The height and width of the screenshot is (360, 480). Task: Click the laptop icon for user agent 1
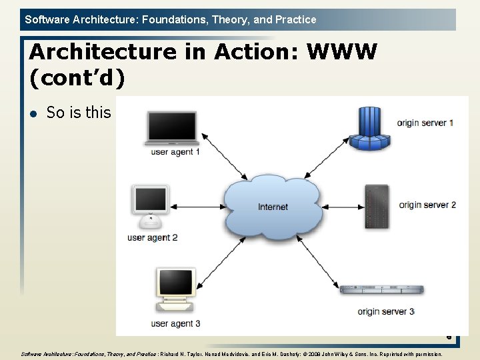pyautogui.click(x=172, y=128)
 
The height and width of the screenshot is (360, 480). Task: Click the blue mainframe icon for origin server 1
pyautogui.click(x=369, y=129)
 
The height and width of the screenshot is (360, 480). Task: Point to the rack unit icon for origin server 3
pyautogui.click(x=382, y=289)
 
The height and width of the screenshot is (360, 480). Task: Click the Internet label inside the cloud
pyautogui.click(x=273, y=207)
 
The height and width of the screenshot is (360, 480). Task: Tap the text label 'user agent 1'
pyautogui.click(x=175, y=152)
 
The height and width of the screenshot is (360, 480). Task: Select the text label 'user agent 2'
pyautogui.click(x=152, y=237)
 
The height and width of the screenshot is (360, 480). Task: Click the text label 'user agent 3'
pyautogui.click(x=175, y=323)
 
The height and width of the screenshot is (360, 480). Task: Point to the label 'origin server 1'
pyautogui.click(x=425, y=123)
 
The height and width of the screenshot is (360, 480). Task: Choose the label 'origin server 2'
pyautogui.click(x=427, y=205)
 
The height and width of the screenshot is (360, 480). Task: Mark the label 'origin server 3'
pyautogui.click(x=386, y=311)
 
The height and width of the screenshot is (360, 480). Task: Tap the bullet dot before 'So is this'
pyautogui.click(x=34, y=113)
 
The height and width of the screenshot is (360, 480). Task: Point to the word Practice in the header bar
pyautogui.click(x=295, y=19)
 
